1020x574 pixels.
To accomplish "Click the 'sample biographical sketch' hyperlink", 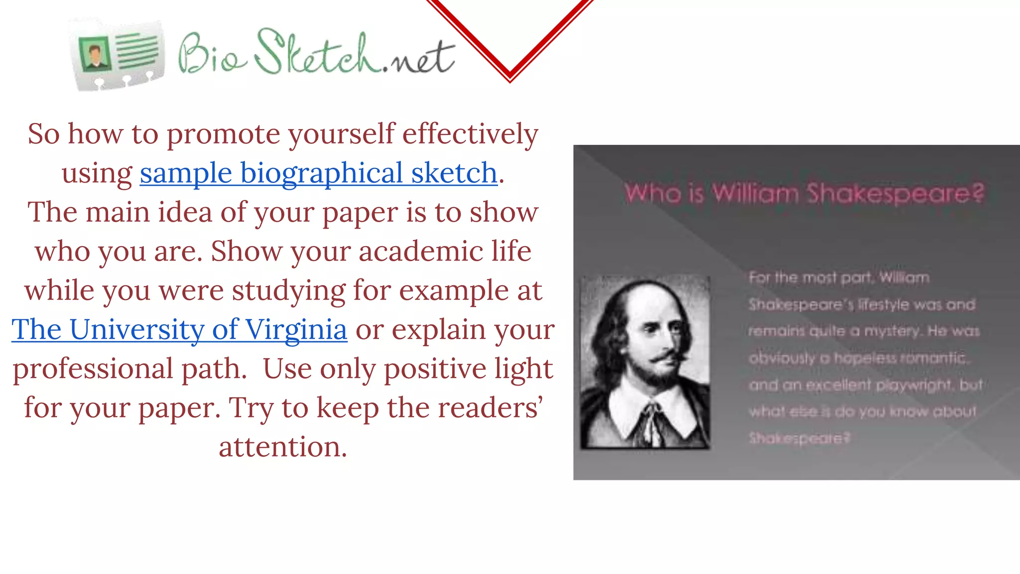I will pos(319,173).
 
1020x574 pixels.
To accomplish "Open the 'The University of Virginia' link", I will pos(179,330).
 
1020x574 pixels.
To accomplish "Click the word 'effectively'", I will pos(470,135).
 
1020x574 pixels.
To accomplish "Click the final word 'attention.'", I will pos(283,447).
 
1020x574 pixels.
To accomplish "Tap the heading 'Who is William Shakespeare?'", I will pos(804,194).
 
